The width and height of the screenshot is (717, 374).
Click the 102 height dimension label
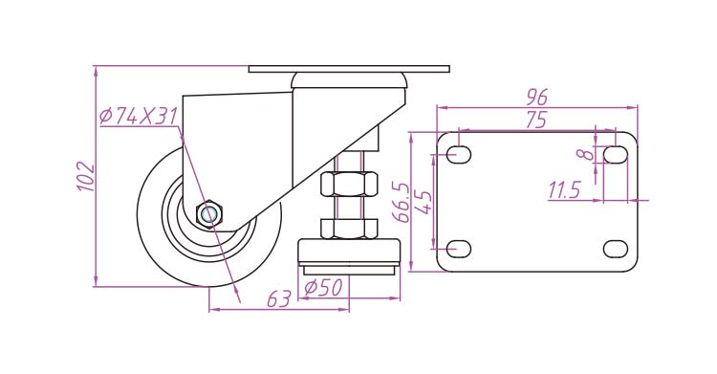(85, 176)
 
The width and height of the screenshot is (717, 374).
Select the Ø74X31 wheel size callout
(138, 117)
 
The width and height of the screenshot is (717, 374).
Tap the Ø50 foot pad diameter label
(323, 288)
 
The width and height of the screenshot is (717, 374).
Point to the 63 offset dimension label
(279, 299)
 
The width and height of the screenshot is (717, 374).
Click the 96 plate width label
(537, 97)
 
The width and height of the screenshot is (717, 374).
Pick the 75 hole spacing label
(536, 120)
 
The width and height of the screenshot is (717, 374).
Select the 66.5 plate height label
(402, 203)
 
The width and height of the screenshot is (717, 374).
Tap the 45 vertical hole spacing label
(424, 202)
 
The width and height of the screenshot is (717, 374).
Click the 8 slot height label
(586, 154)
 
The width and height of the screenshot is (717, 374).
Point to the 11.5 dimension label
(565, 190)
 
